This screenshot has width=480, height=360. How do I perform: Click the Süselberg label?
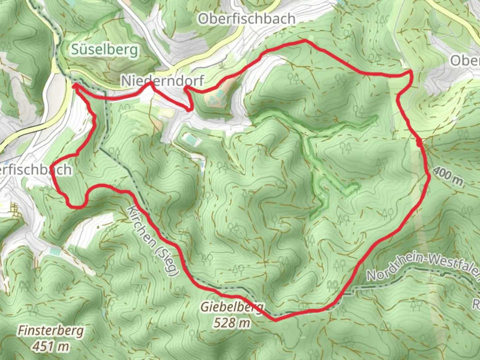pyautogui.click(x=105, y=50)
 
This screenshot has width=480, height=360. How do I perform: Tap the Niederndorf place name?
pyautogui.click(x=162, y=81)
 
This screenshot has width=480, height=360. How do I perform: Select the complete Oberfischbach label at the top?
pyautogui.click(x=247, y=19)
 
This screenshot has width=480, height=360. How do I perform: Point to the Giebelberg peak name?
pyautogui.click(x=232, y=307)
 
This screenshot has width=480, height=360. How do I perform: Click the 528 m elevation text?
pyautogui.click(x=232, y=322)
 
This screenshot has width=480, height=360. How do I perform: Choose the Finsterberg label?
pyautogui.click(x=51, y=331)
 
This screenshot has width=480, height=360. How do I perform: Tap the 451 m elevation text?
pyautogui.click(x=51, y=347)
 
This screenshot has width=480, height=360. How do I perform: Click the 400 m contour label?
pyautogui.click(x=448, y=176)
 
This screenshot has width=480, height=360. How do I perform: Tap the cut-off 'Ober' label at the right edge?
pyautogui.click(x=465, y=61)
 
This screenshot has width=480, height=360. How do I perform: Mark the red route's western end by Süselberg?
pyautogui.click(x=75, y=86)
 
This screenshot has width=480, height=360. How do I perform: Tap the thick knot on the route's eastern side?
pyautogui.click(x=419, y=143)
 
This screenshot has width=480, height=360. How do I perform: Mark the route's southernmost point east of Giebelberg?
pyautogui.click(x=275, y=321)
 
